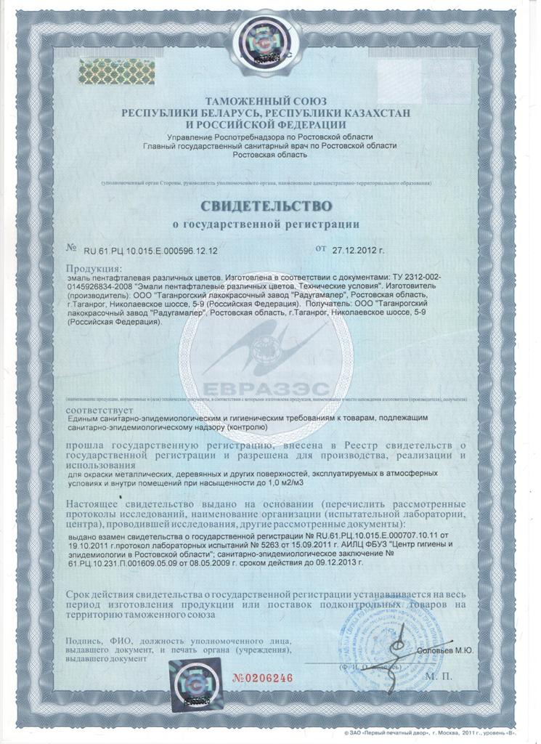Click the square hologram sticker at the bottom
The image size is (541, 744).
tap(191, 682)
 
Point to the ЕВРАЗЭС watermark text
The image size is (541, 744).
tap(266, 387)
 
